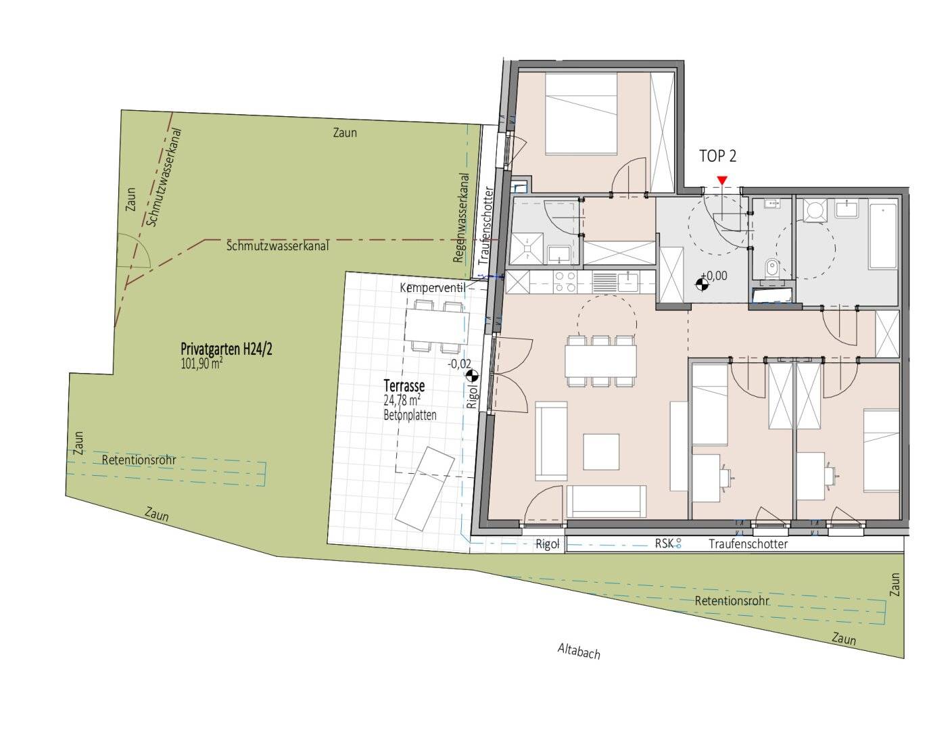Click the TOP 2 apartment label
[717, 156]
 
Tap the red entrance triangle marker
[722, 180]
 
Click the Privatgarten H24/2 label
[227, 349]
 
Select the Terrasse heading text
[404, 386]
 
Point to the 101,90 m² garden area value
[201, 364]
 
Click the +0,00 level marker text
[714, 276]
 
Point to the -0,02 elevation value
[459, 364]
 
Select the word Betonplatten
[410, 415]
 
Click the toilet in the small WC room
[770, 266]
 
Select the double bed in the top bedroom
[581, 114]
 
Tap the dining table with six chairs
[600, 361]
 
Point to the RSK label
[664, 543]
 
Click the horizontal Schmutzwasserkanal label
[277, 246]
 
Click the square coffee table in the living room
[601, 452]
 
